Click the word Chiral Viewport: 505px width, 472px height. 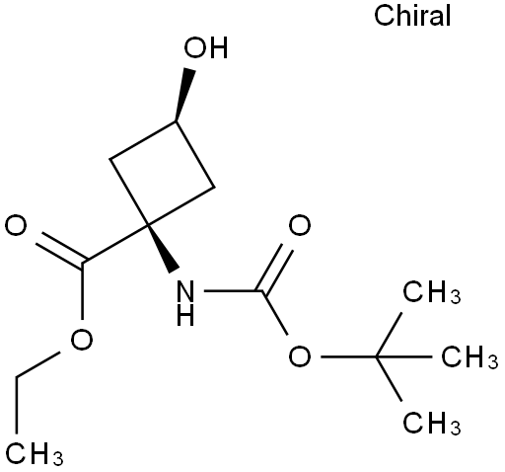coord(412,16)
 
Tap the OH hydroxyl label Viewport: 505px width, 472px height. coord(206,48)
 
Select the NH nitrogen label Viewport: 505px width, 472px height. coord(185,303)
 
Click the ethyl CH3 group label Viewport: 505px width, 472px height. coord(35,454)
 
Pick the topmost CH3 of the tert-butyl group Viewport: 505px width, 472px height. coord(432,292)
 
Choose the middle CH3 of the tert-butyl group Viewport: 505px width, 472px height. coord(469,356)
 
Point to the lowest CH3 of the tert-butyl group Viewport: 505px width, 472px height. coord(432,423)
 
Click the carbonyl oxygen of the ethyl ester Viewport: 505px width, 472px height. coord(16,226)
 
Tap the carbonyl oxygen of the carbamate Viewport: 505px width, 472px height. coord(300,226)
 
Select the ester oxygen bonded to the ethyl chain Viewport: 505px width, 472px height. coord(82,340)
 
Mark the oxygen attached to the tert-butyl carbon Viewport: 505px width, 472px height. coord(300,357)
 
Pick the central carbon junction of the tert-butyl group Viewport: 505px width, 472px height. coord(376,356)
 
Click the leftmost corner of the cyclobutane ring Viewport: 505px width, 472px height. coord(110,160)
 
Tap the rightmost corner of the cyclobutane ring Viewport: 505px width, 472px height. coord(214,188)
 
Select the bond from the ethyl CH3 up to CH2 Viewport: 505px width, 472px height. coord(17,404)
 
